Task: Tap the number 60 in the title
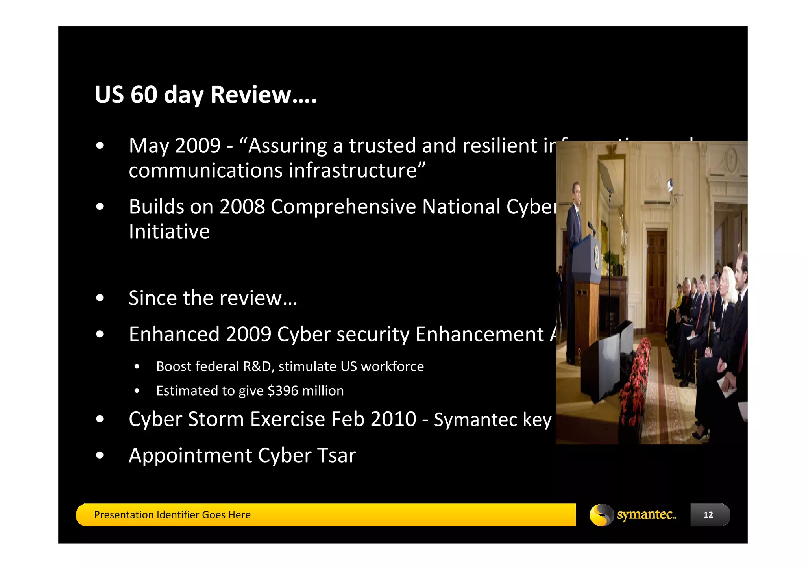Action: (x=144, y=95)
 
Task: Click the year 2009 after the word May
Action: (x=198, y=146)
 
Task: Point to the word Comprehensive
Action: (x=343, y=207)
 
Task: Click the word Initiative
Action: (x=169, y=231)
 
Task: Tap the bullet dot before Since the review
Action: (x=100, y=298)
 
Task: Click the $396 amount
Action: (x=283, y=391)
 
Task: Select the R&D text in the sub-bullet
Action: (x=257, y=366)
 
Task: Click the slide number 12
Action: (x=708, y=515)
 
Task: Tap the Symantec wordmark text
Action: (x=646, y=515)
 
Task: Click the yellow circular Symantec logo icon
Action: (x=601, y=515)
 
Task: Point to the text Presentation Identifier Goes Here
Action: (x=172, y=515)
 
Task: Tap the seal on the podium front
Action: (x=597, y=256)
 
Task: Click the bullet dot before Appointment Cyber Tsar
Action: (x=100, y=455)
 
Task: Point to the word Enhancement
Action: (x=480, y=335)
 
